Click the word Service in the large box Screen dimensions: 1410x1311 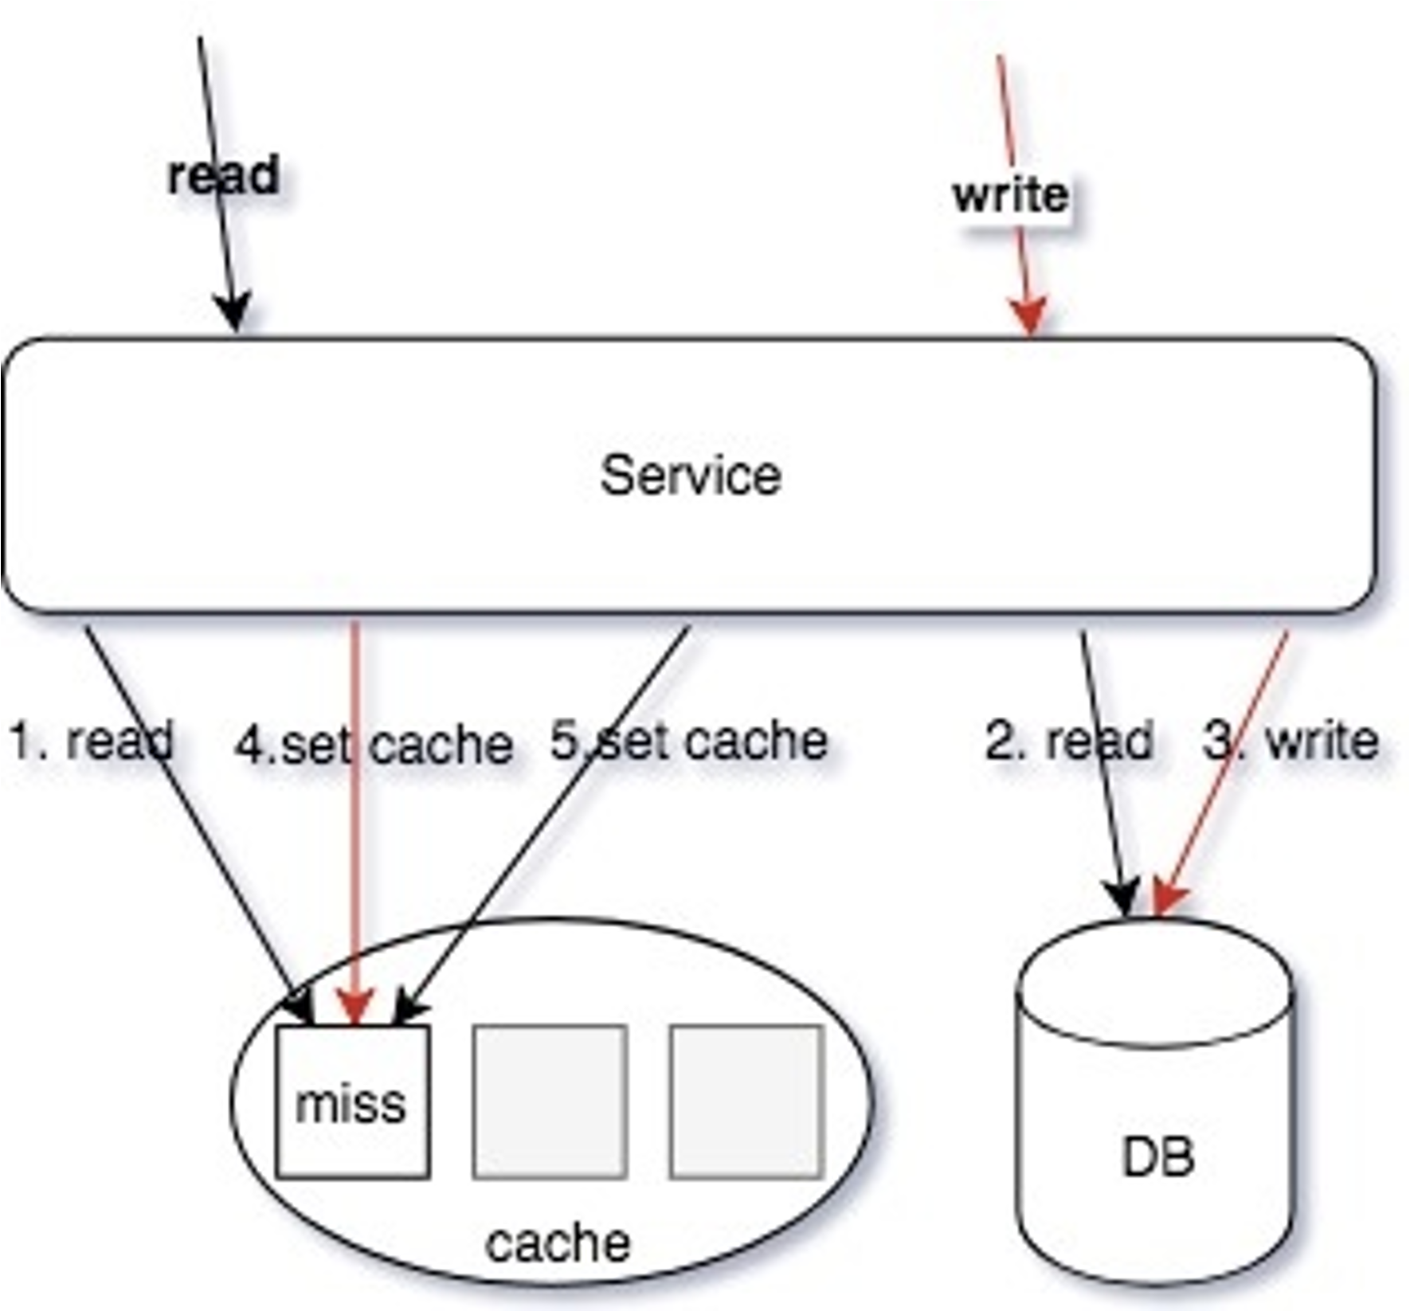coord(691,475)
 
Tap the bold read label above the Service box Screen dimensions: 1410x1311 coord(224,174)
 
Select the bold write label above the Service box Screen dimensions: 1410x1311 coord(1011,194)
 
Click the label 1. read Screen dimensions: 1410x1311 coord(92,740)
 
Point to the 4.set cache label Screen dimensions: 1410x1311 coord(374,746)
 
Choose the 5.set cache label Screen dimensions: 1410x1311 coord(689,740)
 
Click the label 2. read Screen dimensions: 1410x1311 coord(1069,740)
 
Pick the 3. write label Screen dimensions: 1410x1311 coord(1291,740)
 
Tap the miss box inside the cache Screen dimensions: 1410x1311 coord(353,1102)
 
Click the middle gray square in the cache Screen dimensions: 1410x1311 coord(550,1102)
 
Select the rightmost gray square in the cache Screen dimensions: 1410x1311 coord(746,1102)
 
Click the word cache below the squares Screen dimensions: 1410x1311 coord(558,1243)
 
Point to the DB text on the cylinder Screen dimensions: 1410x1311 coord(1157,1157)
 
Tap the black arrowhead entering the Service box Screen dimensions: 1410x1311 coord(233,312)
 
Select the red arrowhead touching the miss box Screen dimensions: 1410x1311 coord(355,1008)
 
